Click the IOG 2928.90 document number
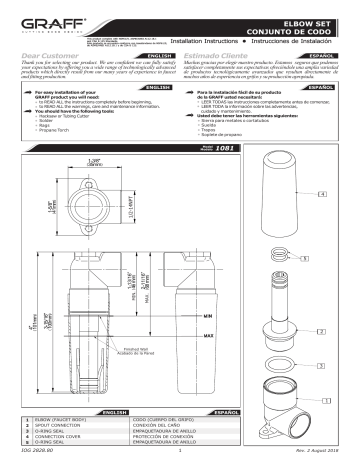coord(23,460)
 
